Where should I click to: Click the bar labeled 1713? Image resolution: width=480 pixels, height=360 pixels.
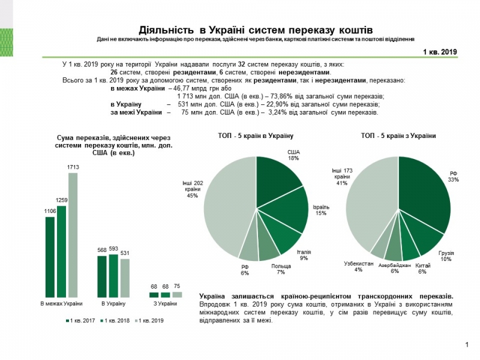pyautogui.click(x=73, y=235)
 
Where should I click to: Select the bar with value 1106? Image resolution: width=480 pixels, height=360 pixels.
pyautogui.click(x=50, y=257)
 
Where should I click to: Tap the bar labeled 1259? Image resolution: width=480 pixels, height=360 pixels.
pyautogui.click(x=61, y=251)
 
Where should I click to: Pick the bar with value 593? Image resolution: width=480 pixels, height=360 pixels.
pyautogui.click(x=113, y=276)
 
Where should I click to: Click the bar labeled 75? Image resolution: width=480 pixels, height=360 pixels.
pyautogui.click(x=177, y=295)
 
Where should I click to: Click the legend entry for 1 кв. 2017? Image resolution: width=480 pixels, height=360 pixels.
pyautogui.click(x=81, y=321)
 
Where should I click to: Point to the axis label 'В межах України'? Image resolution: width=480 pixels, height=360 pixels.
pyautogui.click(x=61, y=304)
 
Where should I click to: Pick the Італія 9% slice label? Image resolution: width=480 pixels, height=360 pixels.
pyautogui.click(x=304, y=255)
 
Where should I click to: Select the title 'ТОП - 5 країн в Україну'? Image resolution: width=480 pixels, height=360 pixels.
pyautogui.click(x=256, y=136)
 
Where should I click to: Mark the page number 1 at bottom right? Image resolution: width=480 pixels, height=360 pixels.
pyautogui.click(x=466, y=344)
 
